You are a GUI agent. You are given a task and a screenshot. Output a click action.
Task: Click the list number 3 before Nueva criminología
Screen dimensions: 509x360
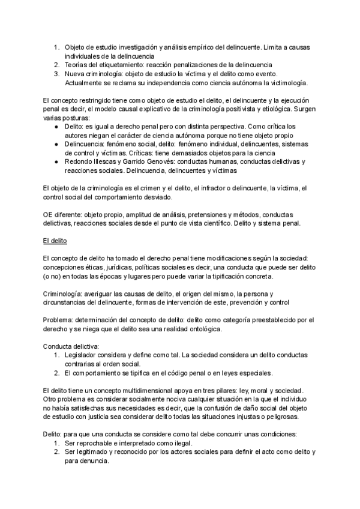pos(56,73)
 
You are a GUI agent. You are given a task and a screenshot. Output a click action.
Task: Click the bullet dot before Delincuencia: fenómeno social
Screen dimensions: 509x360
pos(56,144)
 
